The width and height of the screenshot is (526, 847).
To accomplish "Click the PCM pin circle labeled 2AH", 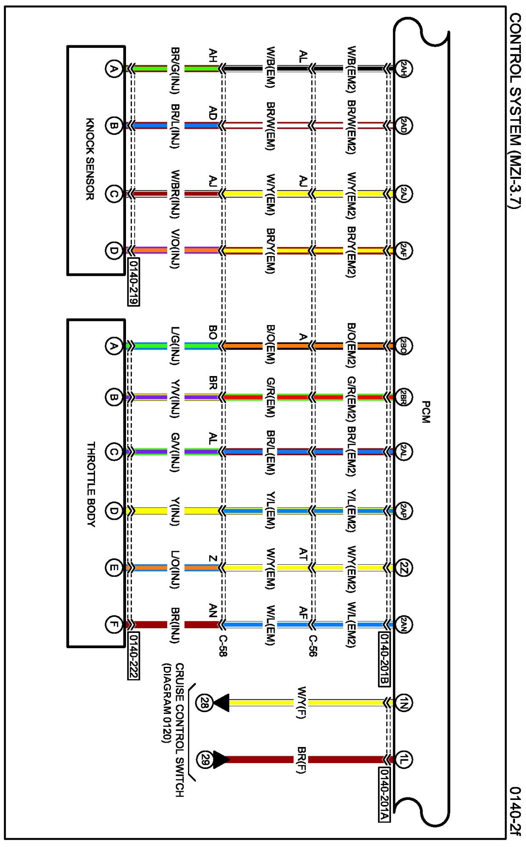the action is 403,68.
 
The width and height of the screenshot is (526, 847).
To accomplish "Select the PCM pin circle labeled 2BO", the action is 403,346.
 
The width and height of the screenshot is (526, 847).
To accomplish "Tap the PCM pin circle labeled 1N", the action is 403,702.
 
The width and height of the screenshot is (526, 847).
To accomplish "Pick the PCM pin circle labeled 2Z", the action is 403,568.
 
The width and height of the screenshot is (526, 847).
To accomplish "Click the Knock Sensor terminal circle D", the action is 113,250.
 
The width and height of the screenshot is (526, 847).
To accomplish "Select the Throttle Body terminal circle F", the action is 113,624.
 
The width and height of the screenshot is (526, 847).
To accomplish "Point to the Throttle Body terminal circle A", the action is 113,346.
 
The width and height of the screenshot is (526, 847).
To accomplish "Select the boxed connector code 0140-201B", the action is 384,658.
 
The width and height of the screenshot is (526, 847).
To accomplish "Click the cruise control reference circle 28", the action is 204,702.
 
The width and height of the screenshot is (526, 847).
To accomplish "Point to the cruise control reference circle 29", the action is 204,759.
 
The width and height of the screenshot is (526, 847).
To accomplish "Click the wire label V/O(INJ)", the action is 175,249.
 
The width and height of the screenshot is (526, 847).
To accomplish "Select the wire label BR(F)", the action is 301,760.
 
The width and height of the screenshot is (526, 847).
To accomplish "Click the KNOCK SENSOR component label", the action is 90,159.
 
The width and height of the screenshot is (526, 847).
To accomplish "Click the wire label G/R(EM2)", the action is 351,398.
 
